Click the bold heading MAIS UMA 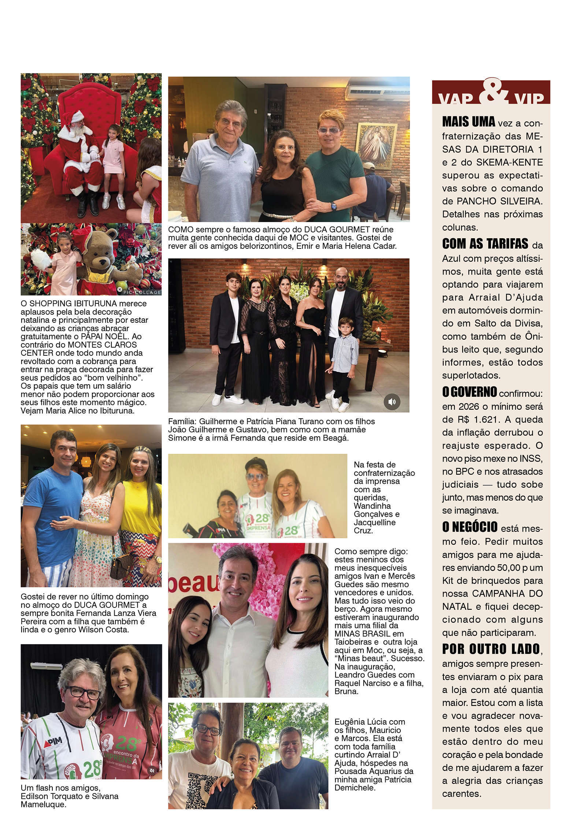point(468,121)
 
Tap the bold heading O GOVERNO point(470,392)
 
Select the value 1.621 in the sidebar point(485,419)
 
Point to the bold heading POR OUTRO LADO point(491,649)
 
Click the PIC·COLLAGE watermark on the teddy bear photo point(142,292)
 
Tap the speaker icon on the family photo point(392,401)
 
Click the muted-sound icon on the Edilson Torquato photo point(152,770)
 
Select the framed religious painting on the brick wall point(376,146)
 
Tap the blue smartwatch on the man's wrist point(333,206)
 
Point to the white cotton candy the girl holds point(41,258)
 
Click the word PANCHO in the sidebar point(475,201)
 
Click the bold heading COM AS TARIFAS point(485,244)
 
